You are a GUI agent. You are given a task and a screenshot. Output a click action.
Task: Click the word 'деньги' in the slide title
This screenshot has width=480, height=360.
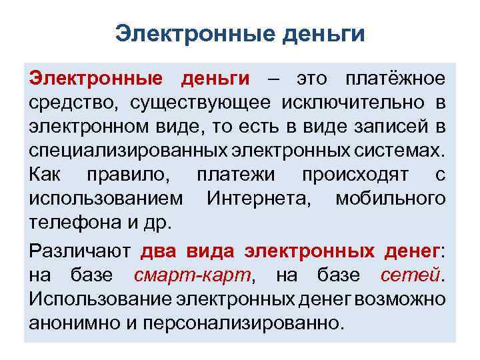pos(326,34)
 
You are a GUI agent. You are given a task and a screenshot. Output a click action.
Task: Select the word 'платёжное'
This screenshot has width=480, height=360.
pos(395,79)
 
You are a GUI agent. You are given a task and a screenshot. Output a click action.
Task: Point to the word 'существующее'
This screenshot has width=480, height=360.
pos(201,103)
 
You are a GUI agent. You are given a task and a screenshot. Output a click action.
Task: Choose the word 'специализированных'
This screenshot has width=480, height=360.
pos(123,151)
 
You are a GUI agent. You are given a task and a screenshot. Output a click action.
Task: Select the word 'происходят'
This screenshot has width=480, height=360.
pos(353,175)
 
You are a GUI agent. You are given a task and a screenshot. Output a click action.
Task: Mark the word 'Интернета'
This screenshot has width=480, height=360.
pos(255,199)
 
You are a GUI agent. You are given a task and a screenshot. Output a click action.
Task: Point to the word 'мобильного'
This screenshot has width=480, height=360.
pos(391,199)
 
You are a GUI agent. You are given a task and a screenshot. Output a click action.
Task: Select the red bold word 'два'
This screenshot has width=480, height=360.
pos(156,251)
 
